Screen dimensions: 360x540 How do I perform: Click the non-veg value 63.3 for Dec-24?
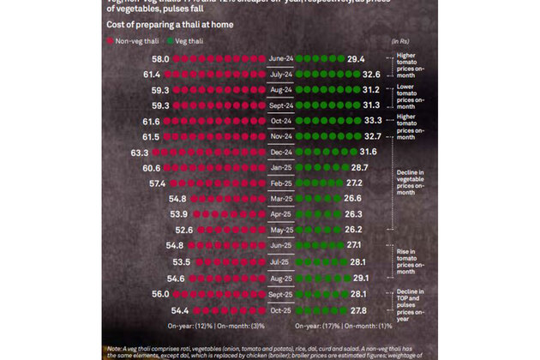[141, 152]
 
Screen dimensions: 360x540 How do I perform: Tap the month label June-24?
[283, 59]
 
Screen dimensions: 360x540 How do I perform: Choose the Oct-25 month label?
[283, 310]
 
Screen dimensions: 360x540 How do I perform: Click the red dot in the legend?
[111, 39]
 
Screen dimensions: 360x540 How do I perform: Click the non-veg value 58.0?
[160, 59]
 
